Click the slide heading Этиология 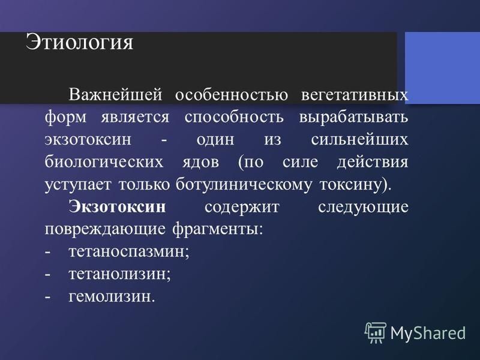79,43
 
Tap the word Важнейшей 115,94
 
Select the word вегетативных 355,95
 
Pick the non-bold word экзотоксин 88,139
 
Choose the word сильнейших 359,139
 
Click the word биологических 104,161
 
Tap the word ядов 201,162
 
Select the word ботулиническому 244,185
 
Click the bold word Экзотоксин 117,206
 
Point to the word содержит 242,207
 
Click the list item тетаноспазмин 129,252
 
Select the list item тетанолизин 119,274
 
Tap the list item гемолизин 112,296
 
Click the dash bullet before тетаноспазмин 47,253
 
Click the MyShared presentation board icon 376,333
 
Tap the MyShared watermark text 428,333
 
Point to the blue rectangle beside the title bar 442,68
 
